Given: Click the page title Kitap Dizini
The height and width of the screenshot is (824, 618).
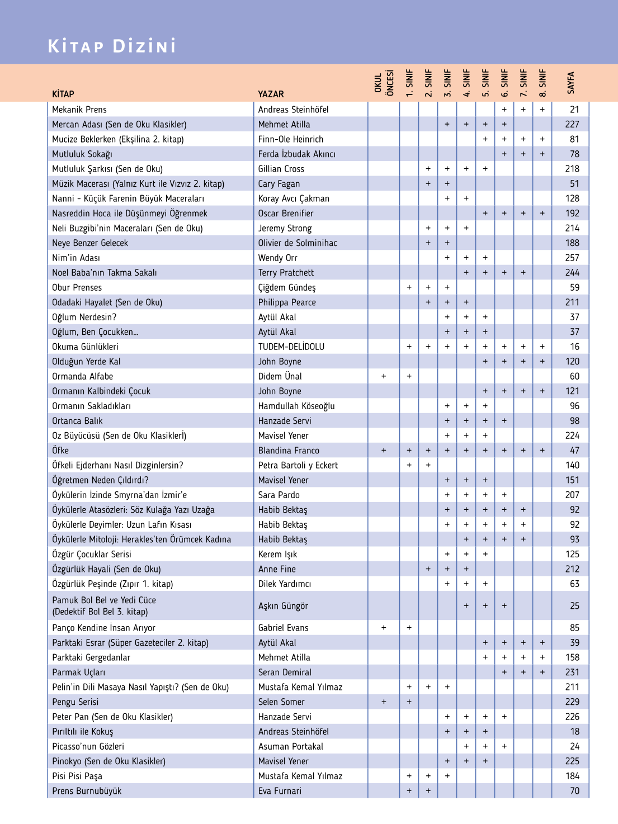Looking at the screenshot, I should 112,46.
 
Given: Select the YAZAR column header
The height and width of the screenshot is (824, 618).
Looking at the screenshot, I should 271,94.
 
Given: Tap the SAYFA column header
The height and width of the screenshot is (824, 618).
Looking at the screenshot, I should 570,83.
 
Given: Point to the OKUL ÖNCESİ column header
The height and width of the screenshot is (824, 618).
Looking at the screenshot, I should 384,83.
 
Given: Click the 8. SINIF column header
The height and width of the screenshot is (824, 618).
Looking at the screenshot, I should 542,83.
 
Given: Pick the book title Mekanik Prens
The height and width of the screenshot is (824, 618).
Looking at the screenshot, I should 79,110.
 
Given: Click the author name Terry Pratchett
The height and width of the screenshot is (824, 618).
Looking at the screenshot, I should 286,273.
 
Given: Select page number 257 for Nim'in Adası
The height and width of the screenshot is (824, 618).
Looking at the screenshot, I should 572,258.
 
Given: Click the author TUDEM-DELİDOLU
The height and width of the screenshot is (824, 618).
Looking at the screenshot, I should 291,347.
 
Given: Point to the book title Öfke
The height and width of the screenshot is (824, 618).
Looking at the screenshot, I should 60,451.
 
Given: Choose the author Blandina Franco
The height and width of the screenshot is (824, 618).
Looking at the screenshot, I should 289,451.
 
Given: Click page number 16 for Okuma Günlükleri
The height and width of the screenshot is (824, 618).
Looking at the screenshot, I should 574,347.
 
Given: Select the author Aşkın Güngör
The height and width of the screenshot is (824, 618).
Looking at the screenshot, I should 283,606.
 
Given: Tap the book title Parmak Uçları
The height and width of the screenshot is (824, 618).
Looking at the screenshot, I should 78,673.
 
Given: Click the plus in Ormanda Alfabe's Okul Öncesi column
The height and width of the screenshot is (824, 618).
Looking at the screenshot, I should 384,376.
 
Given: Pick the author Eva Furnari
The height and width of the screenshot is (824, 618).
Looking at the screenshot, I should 280,791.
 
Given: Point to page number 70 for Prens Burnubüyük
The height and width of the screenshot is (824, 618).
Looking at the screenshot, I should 574,791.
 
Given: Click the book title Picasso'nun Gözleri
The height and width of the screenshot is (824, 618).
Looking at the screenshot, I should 88,746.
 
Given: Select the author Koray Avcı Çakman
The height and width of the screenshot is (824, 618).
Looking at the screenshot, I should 294,198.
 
